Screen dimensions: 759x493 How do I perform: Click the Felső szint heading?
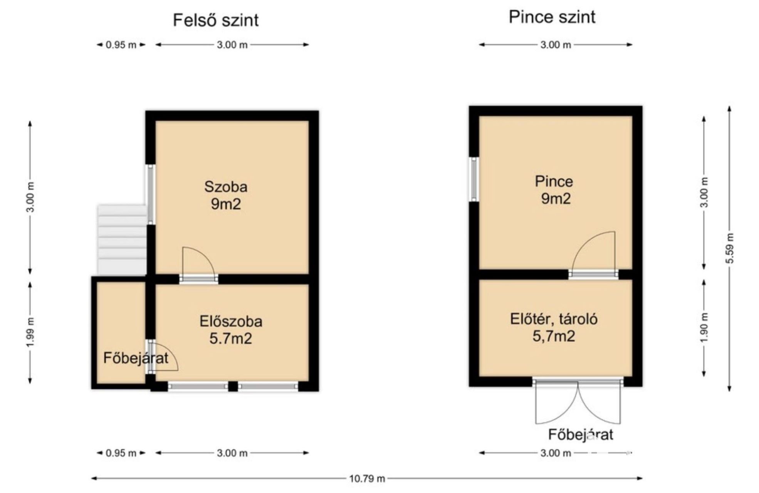tap(215, 20)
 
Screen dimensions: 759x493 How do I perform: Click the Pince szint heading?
tap(552, 17)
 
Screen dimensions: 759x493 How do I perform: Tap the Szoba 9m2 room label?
tap(226, 195)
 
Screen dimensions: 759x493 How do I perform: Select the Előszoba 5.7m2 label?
tap(231, 330)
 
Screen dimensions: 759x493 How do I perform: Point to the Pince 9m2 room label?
tap(554, 190)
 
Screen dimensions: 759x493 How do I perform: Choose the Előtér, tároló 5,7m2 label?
tap(554, 328)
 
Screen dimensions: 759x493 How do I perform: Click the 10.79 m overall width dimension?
tap(367, 478)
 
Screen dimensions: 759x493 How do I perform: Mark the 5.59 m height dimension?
tap(729, 248)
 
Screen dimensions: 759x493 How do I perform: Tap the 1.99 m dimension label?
tap(30, 332)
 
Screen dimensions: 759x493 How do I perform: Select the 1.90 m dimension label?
tap(704, 328)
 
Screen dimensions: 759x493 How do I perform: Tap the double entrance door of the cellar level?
tap(578, 401)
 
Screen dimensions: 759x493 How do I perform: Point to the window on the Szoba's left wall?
tap(151, 195)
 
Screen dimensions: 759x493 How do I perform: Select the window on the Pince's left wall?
tap(474, 179)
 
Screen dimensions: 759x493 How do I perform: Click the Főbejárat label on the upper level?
tap(136, 358)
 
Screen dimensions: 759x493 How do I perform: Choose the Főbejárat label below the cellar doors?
tap(581, 434)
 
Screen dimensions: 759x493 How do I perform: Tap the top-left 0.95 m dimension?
tap(121, 45)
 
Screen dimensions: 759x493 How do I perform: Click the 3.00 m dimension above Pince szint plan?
tap(556, 45)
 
